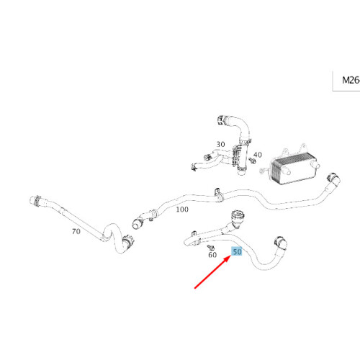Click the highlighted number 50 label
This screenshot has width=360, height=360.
[x=236, y=252]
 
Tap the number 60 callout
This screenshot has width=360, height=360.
[x=212, y=254]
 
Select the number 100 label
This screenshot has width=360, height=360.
[x=181, y=209]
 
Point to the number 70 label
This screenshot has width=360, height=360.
[x=75, y=232]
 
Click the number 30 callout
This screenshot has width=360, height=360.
[x=220, y=144]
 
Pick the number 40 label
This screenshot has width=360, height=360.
[x=258, y=155]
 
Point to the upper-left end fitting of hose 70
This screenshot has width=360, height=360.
[x=34, y=199]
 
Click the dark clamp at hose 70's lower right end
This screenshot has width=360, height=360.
[x=125, y=246]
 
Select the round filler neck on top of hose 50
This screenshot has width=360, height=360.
[x=236, y=217]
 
